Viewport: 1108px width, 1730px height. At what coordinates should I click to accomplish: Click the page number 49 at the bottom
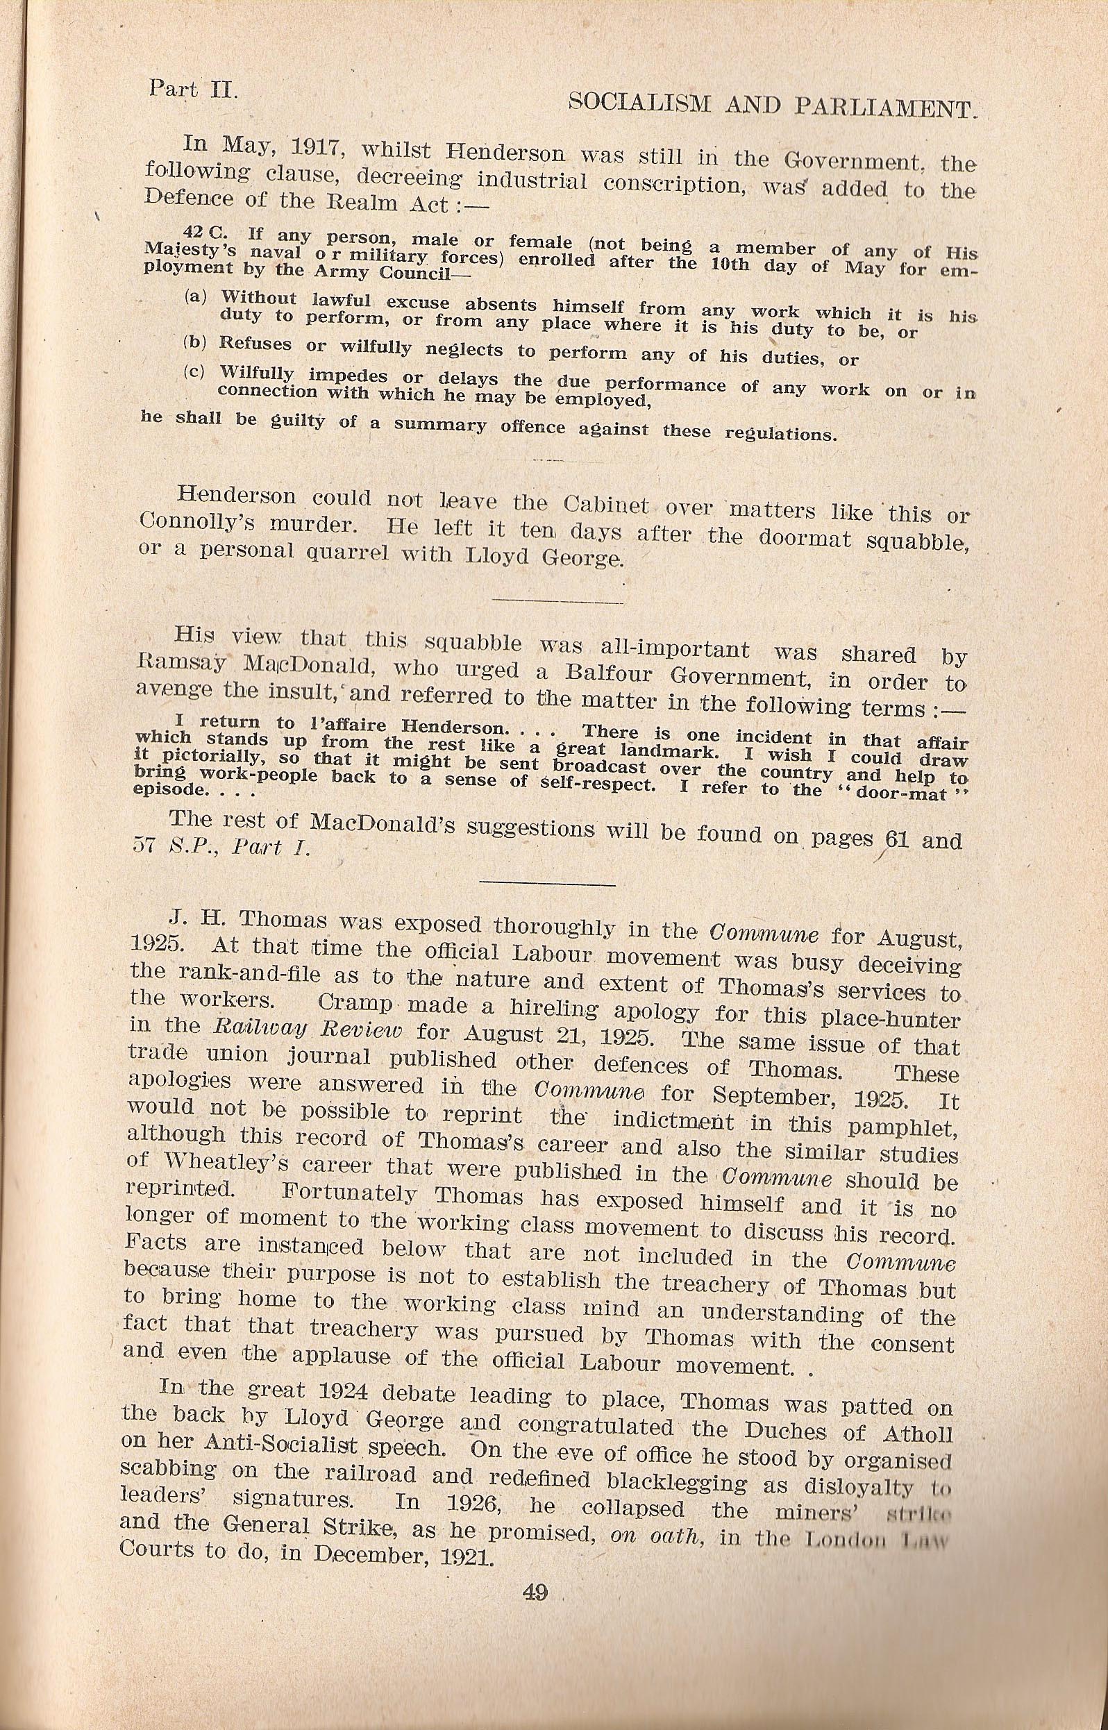[535, 1691]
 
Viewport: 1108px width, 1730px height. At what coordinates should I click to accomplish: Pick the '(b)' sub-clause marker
[194, 342]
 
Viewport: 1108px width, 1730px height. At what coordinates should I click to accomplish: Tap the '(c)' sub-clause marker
[194, 371]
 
